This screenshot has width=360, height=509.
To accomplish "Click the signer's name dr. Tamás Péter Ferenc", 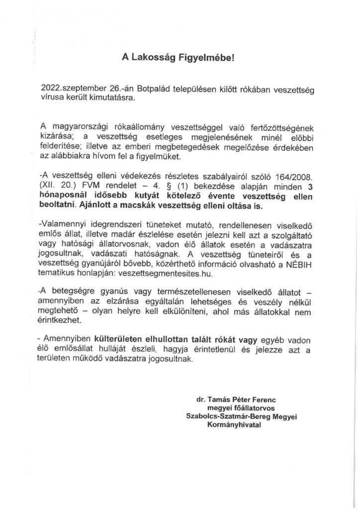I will coord(237,400).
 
